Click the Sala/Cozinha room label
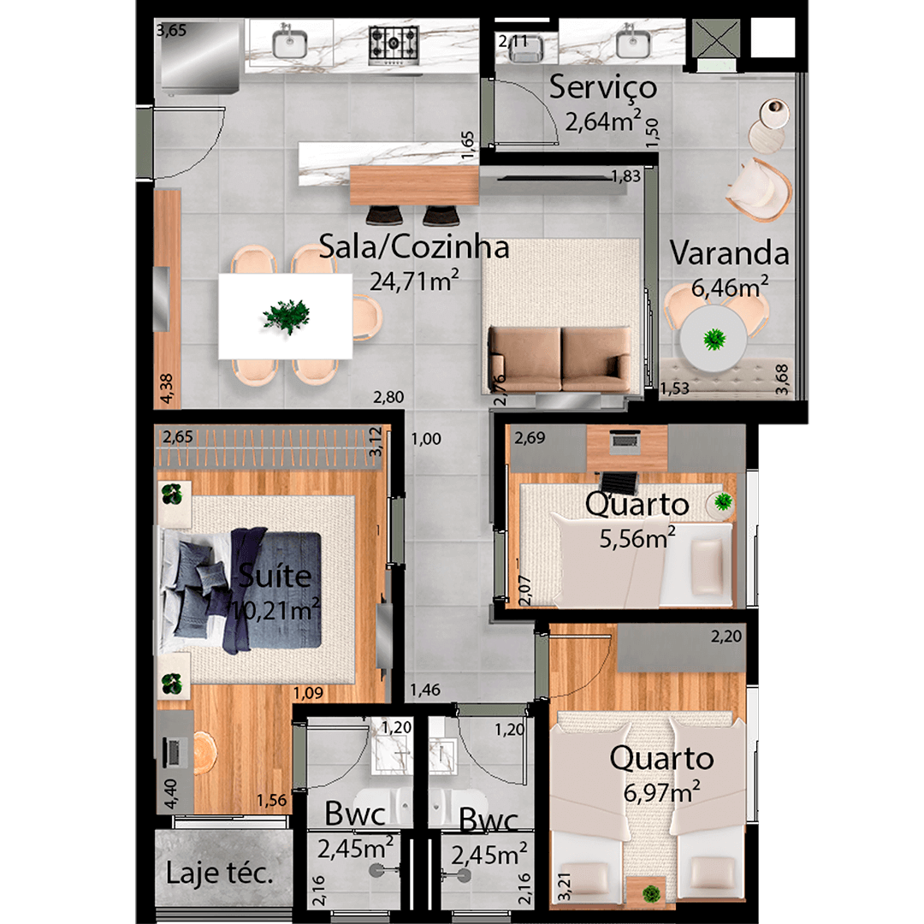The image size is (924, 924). coord(414,247)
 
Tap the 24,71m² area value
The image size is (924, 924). coord(415,281)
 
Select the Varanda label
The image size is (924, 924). coord(729,253)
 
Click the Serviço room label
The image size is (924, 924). coord(603,87)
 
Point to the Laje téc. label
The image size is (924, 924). coord(220,874)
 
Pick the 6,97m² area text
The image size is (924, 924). coord(662,792)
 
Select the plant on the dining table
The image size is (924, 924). coord(286,317)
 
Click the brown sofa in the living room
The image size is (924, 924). coord(560,358)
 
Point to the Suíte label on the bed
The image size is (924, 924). coord(275,576)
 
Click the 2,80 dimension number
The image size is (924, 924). coord(388,397)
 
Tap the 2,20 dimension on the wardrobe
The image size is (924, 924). coord(726,635)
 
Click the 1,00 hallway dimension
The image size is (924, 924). coord(425,440)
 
